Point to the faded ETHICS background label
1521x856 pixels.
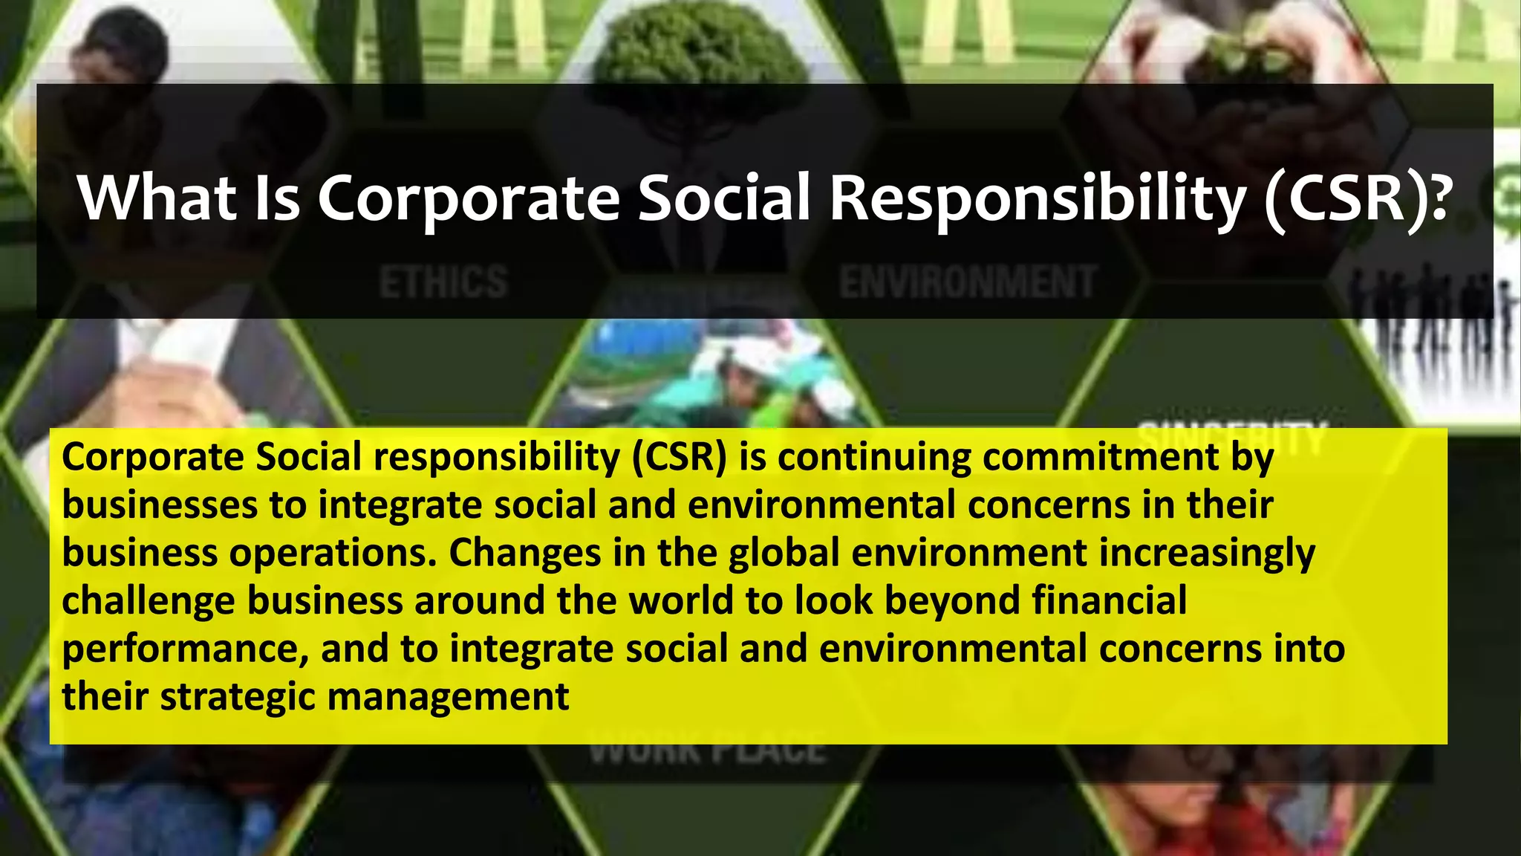point(443,282)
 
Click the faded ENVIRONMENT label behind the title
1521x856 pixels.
point(968,282)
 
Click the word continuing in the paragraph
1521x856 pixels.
point(874,457)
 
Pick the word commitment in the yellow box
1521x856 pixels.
point(1101,457)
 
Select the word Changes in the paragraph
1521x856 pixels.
point(524,554)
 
